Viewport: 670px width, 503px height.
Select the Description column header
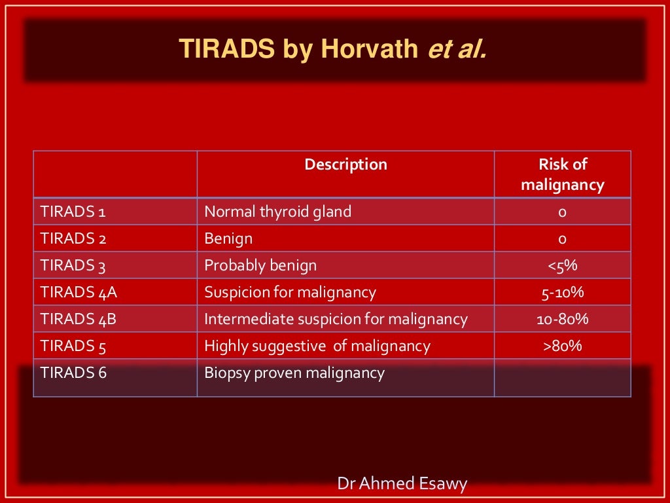pos(345,164)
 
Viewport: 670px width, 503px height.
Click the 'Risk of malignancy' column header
pos(562,175)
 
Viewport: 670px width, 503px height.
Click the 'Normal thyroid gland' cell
pos(277,212)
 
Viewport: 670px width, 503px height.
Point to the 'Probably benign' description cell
pos(260,265)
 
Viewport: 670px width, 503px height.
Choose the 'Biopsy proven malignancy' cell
pos(294,373)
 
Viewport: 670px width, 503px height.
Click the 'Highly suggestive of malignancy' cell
pos(317,346)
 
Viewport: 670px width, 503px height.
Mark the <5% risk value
pos(562,265)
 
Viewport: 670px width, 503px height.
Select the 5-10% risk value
pos(562,292)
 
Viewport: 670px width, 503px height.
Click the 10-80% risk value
pos(562,319)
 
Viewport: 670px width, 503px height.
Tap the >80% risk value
pos(562,346)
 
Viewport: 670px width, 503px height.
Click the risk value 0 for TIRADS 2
pos(562,238)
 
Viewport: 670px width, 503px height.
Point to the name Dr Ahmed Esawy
pos(402,484)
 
